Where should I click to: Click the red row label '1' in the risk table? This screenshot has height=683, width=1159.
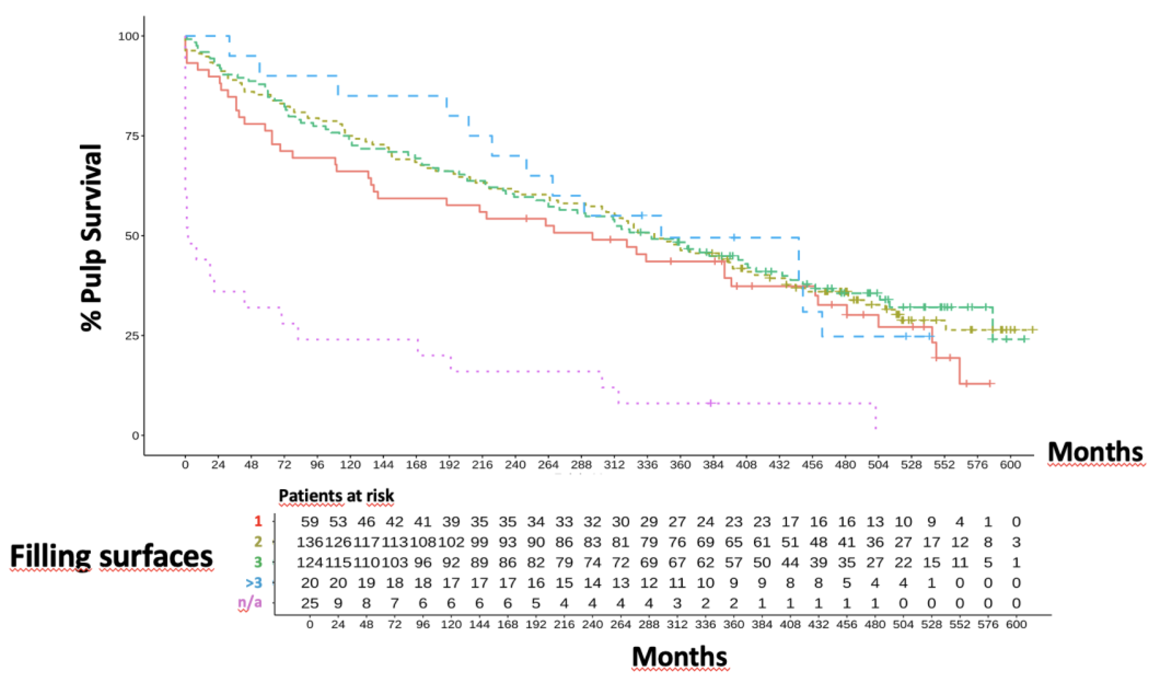[258, 521]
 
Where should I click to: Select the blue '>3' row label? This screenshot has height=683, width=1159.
[253, 582]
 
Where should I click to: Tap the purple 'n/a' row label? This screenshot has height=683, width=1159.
[250, 602]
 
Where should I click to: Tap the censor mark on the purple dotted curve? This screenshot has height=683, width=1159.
[711, 403]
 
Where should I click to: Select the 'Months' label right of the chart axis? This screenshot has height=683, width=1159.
[1095, 452]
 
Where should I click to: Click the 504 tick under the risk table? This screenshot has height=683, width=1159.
[903, 625]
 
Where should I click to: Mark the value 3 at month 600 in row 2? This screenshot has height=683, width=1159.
[1016, 542]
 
